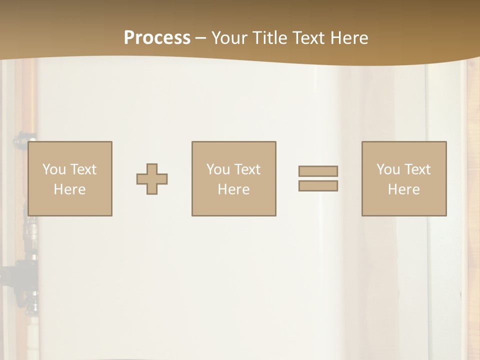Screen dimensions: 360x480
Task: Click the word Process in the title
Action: pos(157,38)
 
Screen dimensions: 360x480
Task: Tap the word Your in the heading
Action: pos(229,38)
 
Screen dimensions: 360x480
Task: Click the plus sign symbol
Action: pos(152,179)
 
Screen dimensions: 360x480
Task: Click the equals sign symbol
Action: pos(318,178)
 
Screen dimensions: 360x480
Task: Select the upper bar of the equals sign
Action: pos(318,171)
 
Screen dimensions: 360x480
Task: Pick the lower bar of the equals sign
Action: pos(318,186)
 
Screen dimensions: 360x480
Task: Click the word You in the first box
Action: pos(54,169)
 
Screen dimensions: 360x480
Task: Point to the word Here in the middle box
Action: pos(234,189)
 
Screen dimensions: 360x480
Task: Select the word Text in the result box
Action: pos(418,169)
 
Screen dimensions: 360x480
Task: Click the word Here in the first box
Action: pos(70,189)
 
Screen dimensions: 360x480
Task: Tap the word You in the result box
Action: pos(388,169)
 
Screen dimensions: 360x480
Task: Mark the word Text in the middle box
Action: pos(248,169)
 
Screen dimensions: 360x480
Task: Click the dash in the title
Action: pos(201,38)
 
